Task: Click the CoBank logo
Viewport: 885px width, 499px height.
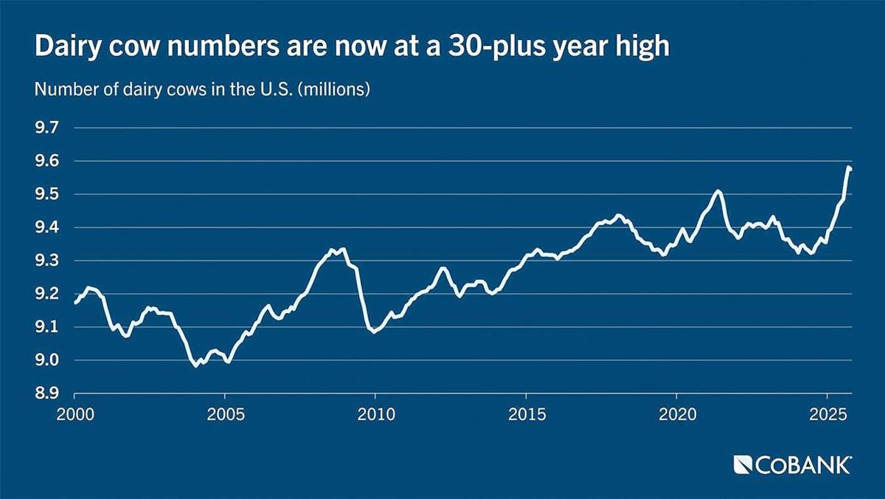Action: (x=793, y=464)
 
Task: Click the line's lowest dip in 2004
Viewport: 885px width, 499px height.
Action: (x=195, y=365)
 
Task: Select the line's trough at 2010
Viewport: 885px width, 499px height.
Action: (x=375, y=331)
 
